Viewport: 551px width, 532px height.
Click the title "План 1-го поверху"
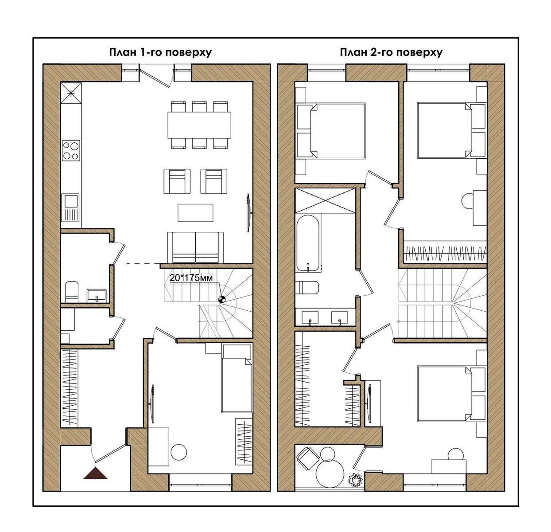coord(160,52)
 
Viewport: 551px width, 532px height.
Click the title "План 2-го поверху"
coord(391,52)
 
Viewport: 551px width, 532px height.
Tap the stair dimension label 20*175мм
coord(191,278)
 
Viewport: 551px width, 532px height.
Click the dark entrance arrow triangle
coord(96,474)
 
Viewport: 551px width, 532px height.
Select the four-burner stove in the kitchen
coord(71,150)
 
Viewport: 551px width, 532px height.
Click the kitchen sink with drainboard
coord(71,208)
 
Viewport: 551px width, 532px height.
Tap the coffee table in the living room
coord(195,212)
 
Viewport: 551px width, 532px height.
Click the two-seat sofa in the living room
coord(195,247)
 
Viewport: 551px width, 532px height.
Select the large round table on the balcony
coord(330,473)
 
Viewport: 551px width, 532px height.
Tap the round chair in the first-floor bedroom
coord(180,452)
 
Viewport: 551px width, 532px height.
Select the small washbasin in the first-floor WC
coord(96,294)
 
